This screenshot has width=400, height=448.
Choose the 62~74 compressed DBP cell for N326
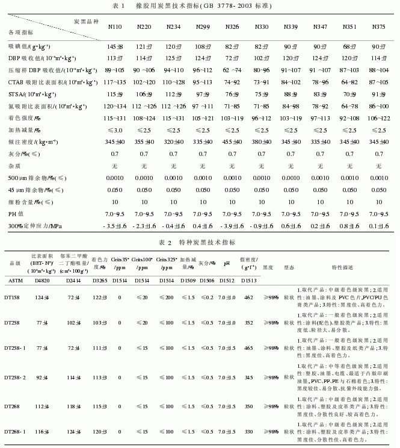(x=232, y=70)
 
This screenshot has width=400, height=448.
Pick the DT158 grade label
(x=17, y=297)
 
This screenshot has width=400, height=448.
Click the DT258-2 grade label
(x=20, y=377)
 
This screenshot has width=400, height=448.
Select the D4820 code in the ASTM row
(x=42, y=280)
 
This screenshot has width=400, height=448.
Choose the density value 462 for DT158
(x=248, y=297)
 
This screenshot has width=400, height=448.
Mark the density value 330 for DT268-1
(x=248, y=432)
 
